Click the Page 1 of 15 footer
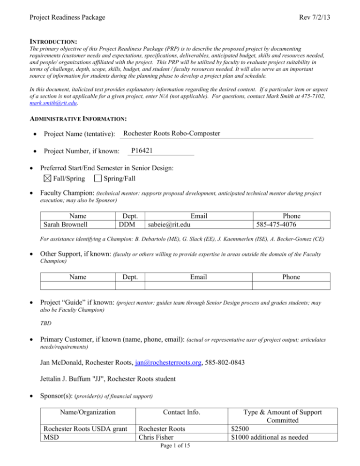[180, 458]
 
